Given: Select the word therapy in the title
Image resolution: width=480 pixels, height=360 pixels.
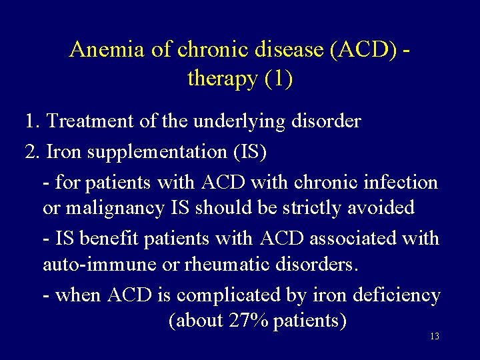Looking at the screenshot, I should click(223, 79).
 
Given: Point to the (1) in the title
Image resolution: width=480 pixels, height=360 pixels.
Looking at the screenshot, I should click(278, 79).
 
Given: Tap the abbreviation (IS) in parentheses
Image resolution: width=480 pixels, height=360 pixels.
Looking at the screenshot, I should click(247, 152).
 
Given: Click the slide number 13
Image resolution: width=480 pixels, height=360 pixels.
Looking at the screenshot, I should click(434, 337).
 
